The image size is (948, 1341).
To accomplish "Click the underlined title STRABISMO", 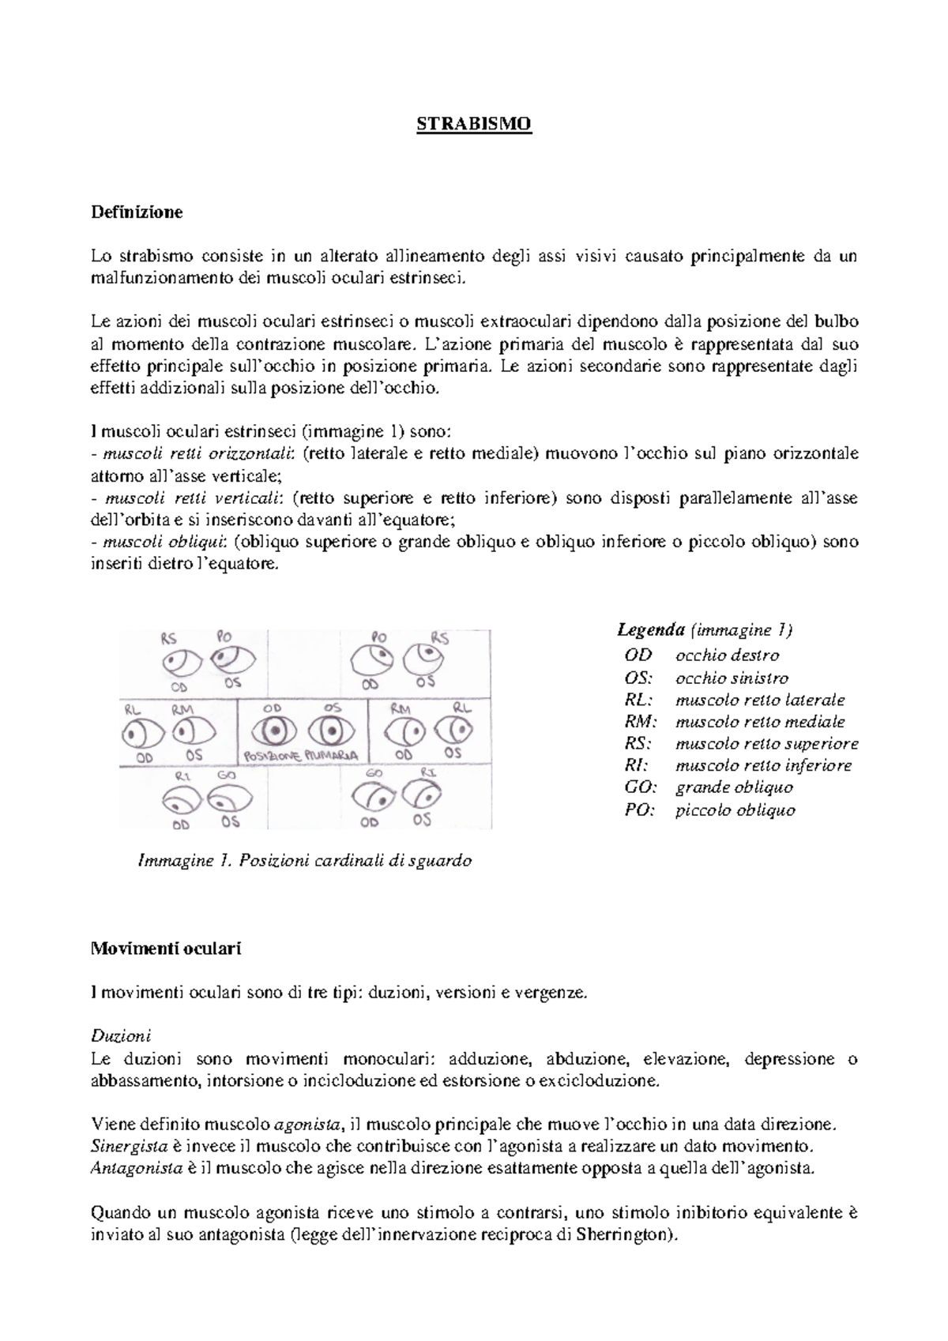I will (474, 125).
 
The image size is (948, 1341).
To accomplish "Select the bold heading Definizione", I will (137, 212).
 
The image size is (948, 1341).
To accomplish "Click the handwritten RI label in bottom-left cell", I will (183, 776).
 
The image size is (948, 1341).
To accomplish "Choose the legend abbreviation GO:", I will (638, 787).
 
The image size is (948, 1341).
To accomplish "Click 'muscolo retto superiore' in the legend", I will (766, 743).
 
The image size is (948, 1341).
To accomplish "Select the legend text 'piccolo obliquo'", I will (735, 809).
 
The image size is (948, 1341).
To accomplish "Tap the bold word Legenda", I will (650, 630).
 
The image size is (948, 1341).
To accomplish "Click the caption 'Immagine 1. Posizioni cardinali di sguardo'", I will (304, 861).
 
